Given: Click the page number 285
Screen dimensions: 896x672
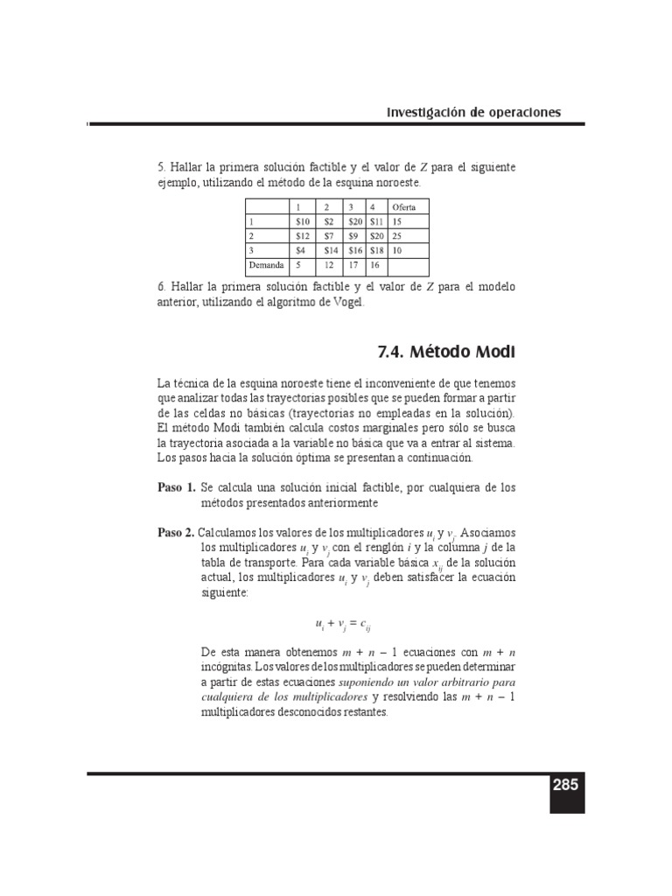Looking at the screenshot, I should pos(565,785).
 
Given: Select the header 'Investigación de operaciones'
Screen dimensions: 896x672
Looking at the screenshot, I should pos(473,112).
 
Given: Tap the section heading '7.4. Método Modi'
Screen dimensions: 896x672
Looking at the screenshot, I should pos(445,353).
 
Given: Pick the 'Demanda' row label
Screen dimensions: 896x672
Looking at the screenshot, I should pos(266,263).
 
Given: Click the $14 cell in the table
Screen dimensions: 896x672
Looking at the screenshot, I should pos(330,249).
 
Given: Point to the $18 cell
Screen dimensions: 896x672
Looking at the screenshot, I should pos(376,249).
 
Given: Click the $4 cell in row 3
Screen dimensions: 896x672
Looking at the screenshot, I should pos(302,249).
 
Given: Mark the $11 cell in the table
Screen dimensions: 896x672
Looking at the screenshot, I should pos(376,221).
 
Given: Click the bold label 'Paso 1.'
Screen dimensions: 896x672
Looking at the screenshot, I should pos(176,486).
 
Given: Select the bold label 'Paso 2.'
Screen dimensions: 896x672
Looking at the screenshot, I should pos(176,532).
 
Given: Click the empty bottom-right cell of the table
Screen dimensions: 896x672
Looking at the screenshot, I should pos(409,263).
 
